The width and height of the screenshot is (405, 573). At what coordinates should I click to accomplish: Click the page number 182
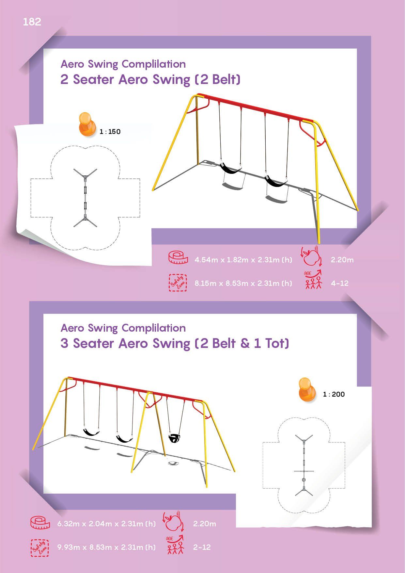tap(32, 22)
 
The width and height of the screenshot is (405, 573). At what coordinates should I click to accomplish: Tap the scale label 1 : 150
tap(110, 132)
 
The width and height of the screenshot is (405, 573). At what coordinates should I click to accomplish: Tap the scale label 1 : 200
tap(334, 394)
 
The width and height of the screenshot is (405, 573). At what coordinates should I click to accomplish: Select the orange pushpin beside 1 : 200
tap(307, 389)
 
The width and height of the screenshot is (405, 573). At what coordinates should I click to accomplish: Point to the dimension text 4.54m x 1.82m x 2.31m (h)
tap(243, 260)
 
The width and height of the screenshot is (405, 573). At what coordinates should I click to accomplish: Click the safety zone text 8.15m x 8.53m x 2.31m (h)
tap(243, 283)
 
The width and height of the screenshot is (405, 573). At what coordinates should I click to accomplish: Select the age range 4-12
tap(340, 283)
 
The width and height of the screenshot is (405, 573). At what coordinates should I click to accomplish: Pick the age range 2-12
tap(202, 547)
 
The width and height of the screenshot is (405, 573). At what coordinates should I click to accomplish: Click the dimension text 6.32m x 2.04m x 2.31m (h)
tap(106, 524)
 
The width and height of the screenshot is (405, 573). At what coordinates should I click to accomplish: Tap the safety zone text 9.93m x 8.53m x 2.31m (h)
tap(106, 547)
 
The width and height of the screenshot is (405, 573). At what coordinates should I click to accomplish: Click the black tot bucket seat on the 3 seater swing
tap(174, 438)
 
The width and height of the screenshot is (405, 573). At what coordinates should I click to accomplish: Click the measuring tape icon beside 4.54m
tap(178, 257)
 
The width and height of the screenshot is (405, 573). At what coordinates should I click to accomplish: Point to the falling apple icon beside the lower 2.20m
tap(173, 522)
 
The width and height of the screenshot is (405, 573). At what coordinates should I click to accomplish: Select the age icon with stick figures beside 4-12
tap(313, 280)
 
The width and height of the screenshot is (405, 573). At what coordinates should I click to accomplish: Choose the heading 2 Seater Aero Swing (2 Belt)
tap(150, 79)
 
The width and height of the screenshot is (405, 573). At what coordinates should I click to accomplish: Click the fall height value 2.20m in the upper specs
tap(342, 260)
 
